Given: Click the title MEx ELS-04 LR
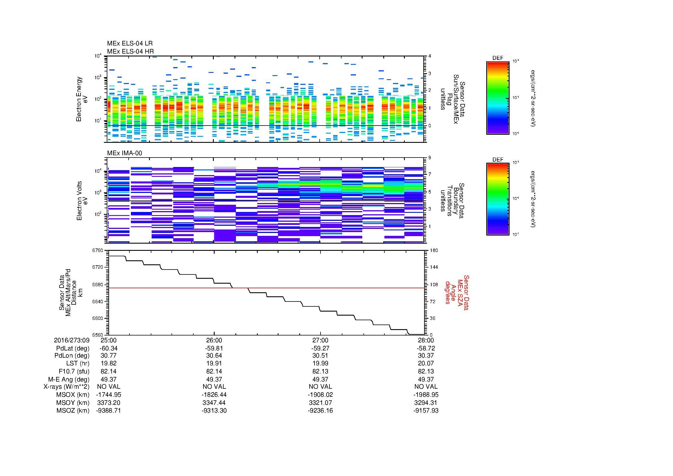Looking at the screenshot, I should tap(130, 43).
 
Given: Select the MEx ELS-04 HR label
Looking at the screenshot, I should tap(130, 51).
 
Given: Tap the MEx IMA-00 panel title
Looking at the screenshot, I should tap(125, 153).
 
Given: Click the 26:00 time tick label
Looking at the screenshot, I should tap(214, 340).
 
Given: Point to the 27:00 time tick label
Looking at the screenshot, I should tap(320, 340).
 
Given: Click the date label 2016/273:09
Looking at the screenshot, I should tap(72, 340).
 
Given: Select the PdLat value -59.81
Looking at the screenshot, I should tap(214, 348).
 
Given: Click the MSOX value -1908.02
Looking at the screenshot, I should tap(320, 395).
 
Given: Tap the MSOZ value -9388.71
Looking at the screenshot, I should tap(108, 411).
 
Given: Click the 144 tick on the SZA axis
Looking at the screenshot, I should tap(434, 267).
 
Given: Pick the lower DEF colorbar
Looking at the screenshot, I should tap(498, 199).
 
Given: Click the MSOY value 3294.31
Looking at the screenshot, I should tap(426, 403).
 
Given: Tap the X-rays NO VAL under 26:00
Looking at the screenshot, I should tap(214, 387).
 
